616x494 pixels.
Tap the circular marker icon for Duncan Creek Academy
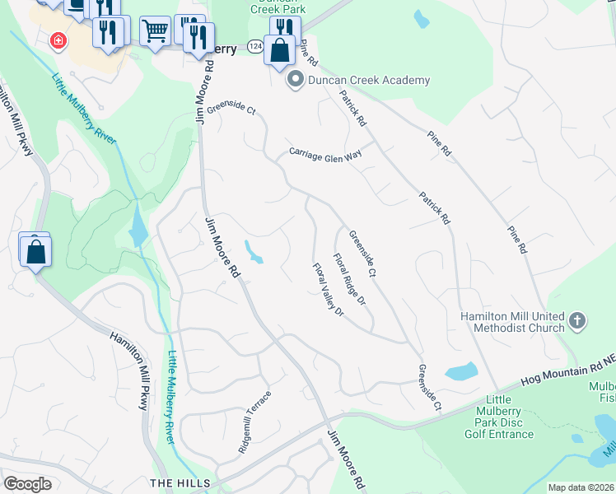pyautogui.click(x=295, y=81)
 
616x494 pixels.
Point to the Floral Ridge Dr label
pyautogui.click(x=349, y=280)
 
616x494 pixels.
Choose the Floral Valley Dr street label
pyautogui.click(x=327, y=289)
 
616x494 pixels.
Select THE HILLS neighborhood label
pyautogui.click(x=180, y=482)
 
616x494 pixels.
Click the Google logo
pyautogui.click(x=27, y=484)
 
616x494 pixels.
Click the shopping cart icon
pyautogui.click(x=155, y=31)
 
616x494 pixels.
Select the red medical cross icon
pyautogui.click(x=58, y=40)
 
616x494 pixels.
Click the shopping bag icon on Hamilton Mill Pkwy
pyautogui.click(x=36, y=250)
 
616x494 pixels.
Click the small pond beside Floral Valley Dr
pyautogui.click(x=254, y=252)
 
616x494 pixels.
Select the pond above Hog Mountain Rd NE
pyautogui.click(x=461, y=370)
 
